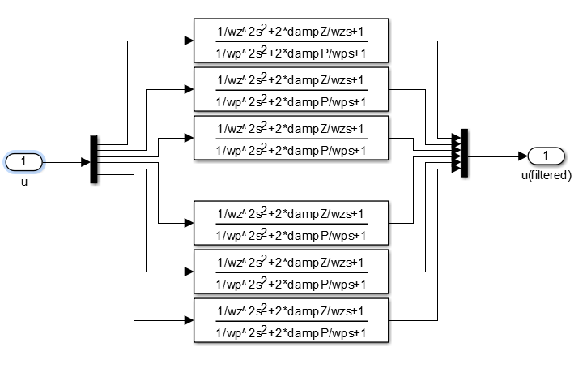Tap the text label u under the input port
pos(24,182)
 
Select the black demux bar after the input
pos(94,159)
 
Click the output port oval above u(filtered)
pos(547,156)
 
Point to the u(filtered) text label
pos(547,174)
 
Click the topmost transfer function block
pos(291,40)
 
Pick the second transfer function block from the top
pos(291,89)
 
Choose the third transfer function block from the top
pos(291,138)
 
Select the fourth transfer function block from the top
pos(291,223)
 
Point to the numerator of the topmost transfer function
pos(291,32)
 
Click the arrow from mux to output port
pos(498,156)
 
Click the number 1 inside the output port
pos(547,156)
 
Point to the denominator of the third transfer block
pos(291,149)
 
